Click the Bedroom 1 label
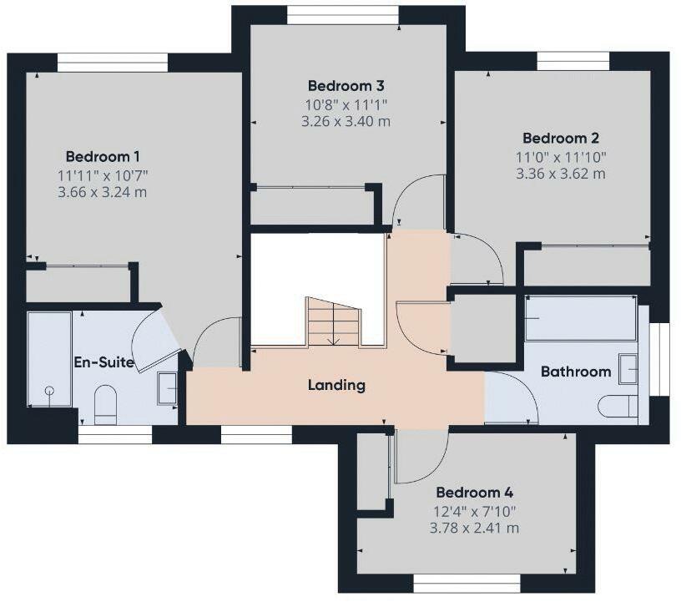pos(103,156)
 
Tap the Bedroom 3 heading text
pos(346,86)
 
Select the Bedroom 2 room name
pos(561,139)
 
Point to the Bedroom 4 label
pos(475,493)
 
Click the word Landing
pos(336,386)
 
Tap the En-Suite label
pos(103,362)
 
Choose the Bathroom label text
pos(576,372)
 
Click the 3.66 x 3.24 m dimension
pos(103,192)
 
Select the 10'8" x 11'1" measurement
pos(346,104)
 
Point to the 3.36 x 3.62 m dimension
pos(561,174)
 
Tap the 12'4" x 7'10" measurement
pos(475,511)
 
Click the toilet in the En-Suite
pos(105,405)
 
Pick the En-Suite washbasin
pos(168,388)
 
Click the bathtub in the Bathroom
pos(582,318)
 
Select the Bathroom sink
pos(628,369)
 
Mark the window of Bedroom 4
pos(467,584)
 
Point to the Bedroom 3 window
pos(343,15)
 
